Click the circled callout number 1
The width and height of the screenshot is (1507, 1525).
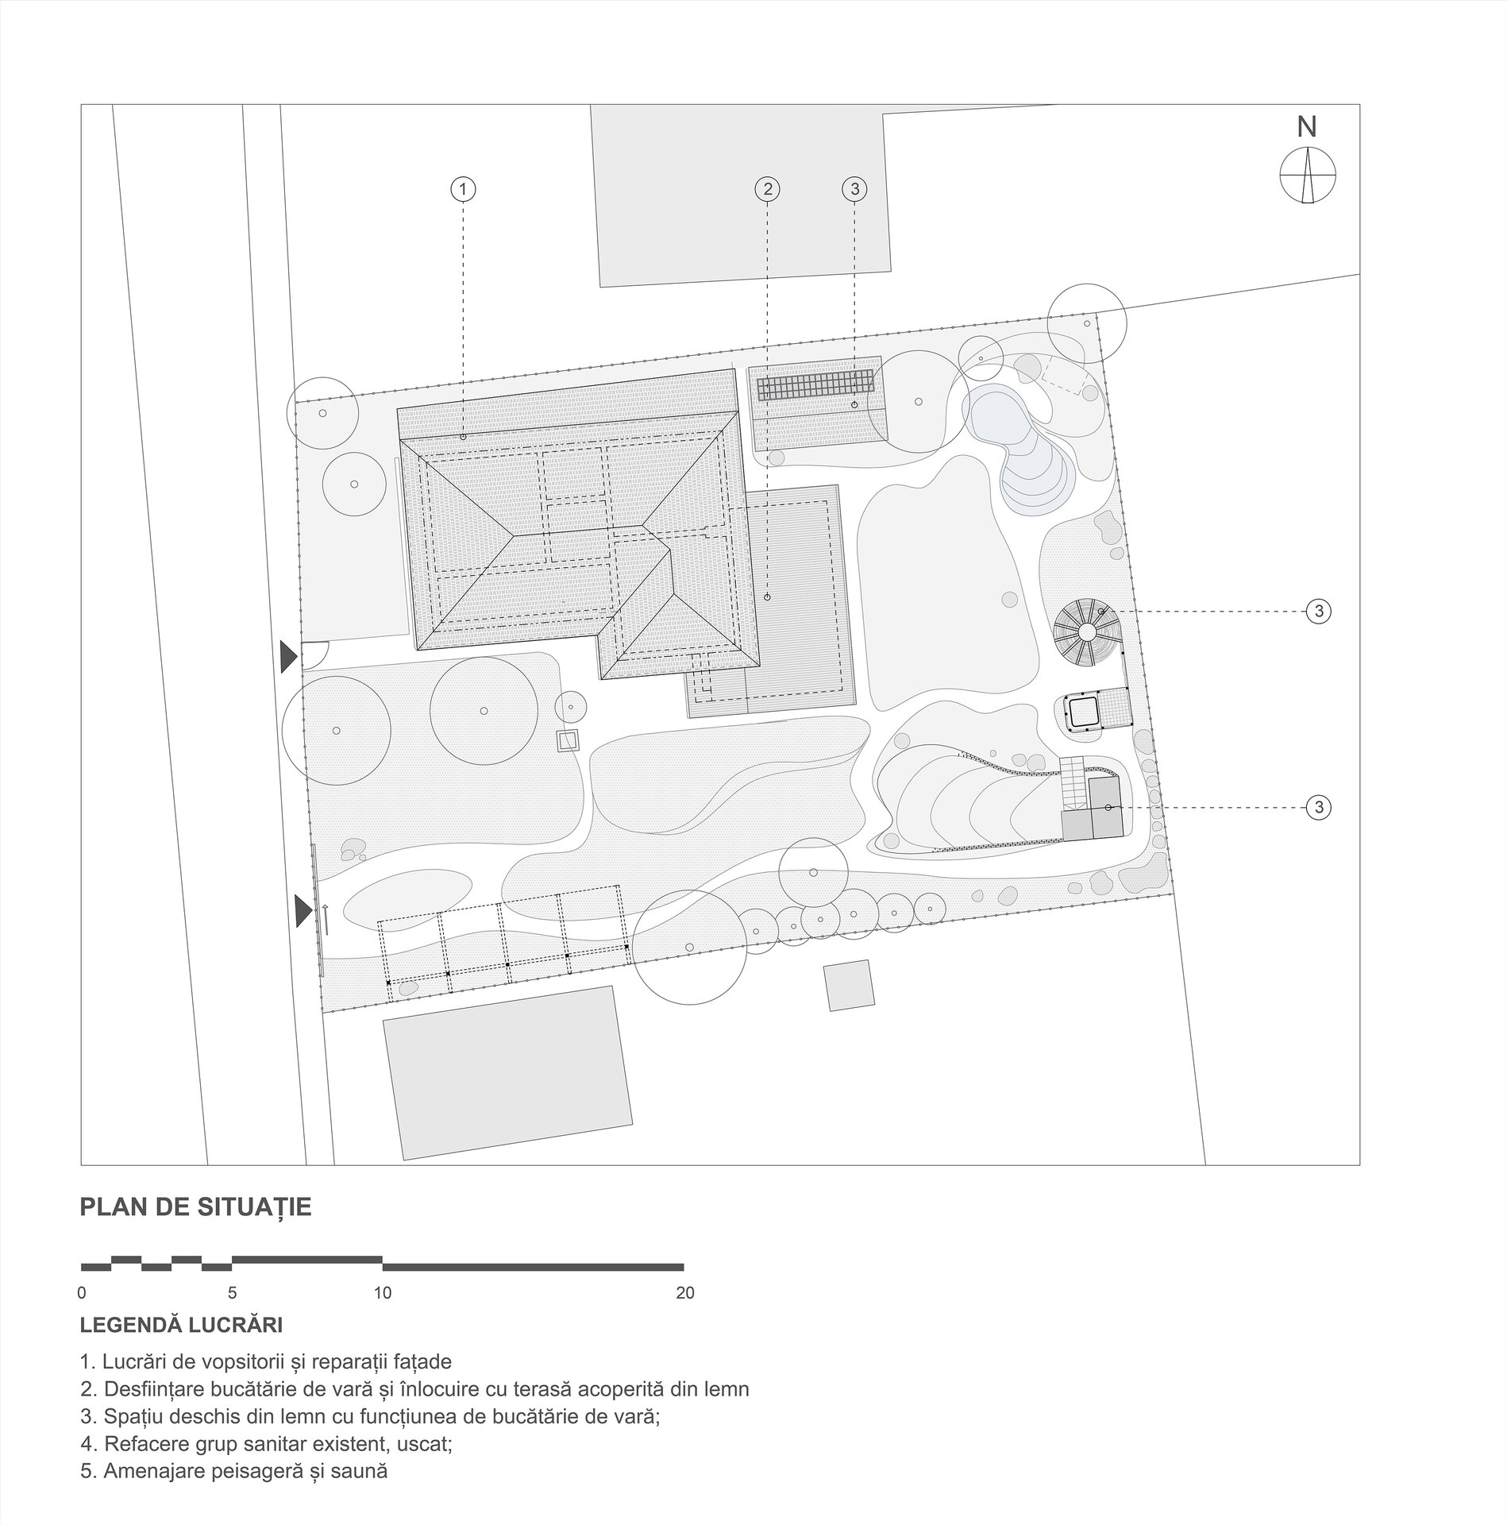tap(463, 189)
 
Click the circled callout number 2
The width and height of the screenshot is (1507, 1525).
tap(767, 189)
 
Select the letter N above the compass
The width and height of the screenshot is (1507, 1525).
tap(1307, 127)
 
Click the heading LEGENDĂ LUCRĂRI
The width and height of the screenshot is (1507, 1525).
tap(181, 1326)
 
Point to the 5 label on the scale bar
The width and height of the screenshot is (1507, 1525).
tap(232, 1293)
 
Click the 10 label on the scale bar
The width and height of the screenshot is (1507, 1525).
tap(383, 1293)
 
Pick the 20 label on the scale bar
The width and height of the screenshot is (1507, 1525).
tap(684, 1293)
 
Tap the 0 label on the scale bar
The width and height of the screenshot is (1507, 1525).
tap(82, 1293)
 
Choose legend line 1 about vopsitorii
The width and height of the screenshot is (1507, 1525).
tap(266, 1361)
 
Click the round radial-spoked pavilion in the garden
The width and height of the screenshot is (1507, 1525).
tap(1087, 631)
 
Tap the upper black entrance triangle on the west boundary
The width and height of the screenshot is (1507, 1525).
tap(288, 657)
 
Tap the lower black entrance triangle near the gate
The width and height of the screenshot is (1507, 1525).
tap(303, 910)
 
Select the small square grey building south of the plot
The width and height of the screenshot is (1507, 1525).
tap(849, 985)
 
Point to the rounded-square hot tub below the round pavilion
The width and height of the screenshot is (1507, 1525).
tap(1081, 711)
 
